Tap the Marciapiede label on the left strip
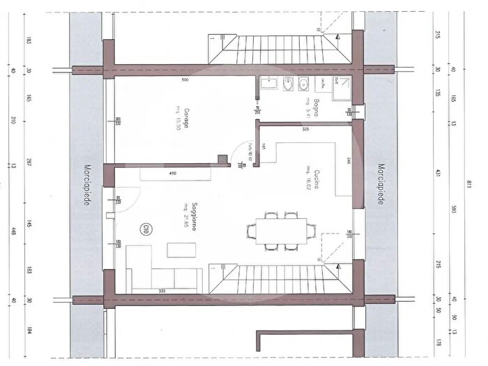(x=86, y=185)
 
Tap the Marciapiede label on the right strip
(x=381, y=185)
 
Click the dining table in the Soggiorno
(x=281, y=229)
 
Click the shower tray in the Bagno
(x=342, y=86)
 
